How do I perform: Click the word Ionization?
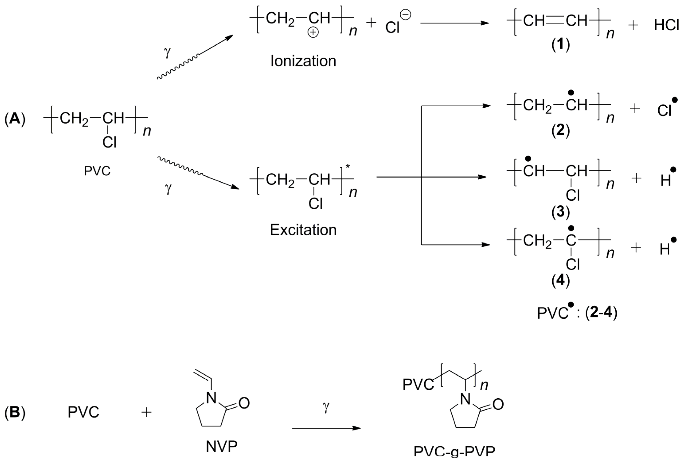click(x=303, y=61)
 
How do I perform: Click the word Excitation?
click(x=303, y=230)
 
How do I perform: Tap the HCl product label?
click(x=666, y=26)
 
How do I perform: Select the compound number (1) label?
click(x=560, y=45)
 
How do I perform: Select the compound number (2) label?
click(x=560, y=130)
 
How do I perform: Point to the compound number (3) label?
click(x=560, y=212)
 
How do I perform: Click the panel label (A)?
click(x=15, y=119)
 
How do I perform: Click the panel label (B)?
click(x=15, y=412)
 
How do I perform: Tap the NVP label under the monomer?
click(x=222, y=447)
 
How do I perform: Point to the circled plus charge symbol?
click(x=313, y=32)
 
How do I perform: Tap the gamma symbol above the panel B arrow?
click(x=326, y=407)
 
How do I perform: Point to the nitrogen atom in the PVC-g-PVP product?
click(x=465, y=399)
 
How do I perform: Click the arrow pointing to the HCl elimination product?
click(x=454, y=23)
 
